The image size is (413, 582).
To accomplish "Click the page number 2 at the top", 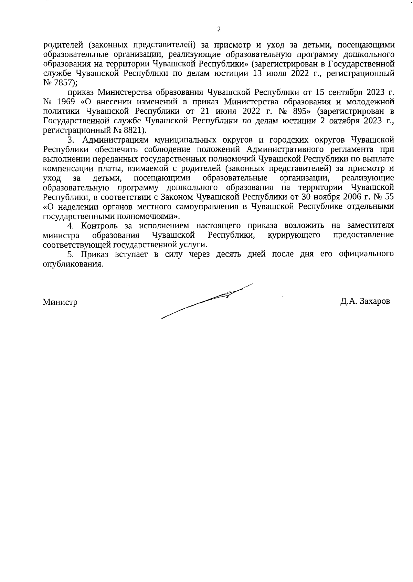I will [219, 29].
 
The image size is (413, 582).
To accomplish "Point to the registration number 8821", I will [134, 131].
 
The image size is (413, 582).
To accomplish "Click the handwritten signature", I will [206, 301].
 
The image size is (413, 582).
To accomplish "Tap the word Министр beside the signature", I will [60, 302].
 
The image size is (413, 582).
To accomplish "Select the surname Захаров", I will [374, 301].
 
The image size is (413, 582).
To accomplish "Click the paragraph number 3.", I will [71, 140].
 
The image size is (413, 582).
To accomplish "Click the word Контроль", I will [99, 226].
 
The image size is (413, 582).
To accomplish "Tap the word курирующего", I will [294, 235].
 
